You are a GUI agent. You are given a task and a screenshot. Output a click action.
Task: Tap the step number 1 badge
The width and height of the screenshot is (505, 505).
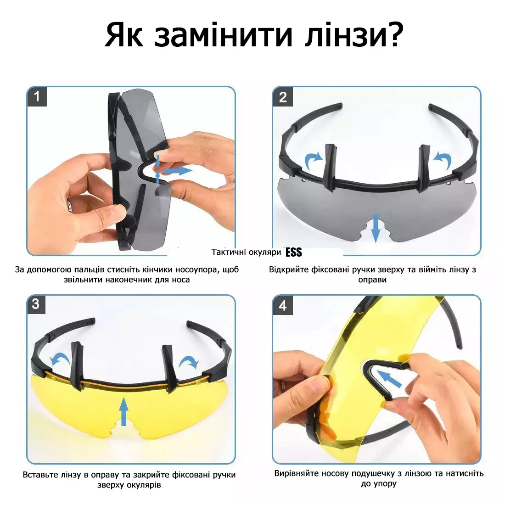coord(37,96)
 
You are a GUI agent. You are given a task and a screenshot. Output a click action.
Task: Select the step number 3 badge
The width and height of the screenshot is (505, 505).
coord(36,304)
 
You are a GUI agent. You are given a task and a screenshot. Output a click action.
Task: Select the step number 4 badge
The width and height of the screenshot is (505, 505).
coord(283,305)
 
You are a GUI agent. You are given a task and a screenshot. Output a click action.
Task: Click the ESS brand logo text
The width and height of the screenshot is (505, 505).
coord(294,252)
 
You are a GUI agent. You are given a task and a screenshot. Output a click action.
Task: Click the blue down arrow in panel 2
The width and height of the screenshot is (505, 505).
coord(375,228)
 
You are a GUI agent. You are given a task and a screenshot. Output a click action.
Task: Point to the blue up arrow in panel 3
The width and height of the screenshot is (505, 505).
coord(123,412)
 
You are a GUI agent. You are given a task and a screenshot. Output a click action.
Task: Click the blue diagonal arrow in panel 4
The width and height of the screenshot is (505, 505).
coord(389,379)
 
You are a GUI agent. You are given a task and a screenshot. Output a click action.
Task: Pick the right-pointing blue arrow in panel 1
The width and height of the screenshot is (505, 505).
coord(178,170)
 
